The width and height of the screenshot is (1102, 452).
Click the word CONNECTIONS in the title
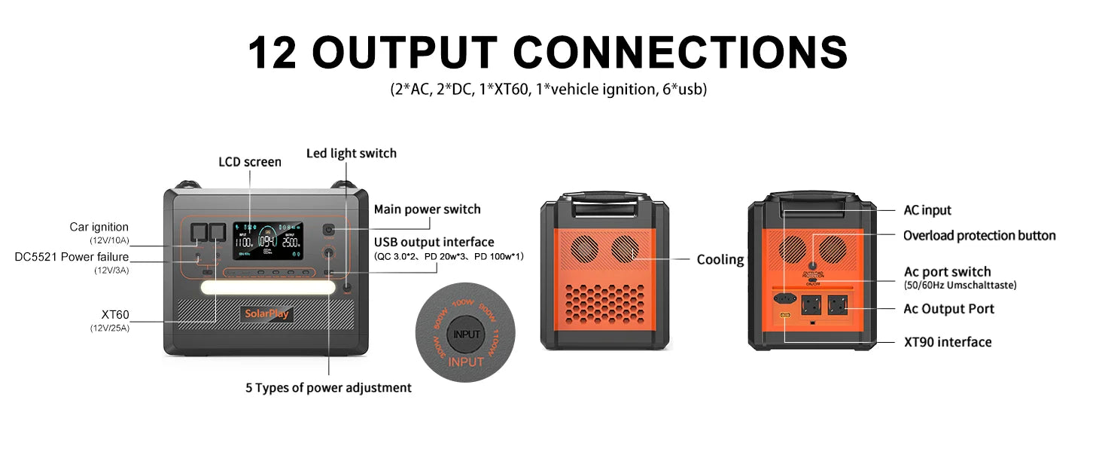pyautogui.click(x=693, y=53)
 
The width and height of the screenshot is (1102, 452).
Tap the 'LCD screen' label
pyautogui.click(x=250, y=162)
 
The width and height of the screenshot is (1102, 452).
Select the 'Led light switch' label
pyautogui.click(x=351, y=153)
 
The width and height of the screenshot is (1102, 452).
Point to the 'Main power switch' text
pyautogui.click(x=427, y=209)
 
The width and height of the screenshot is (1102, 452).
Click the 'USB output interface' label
pyautogui.click(x=434, y=242)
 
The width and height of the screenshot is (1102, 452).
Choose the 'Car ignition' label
pyautogui.click(x=99, y=227)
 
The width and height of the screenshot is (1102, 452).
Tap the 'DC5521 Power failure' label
pyautogui.click(x=72, y=257)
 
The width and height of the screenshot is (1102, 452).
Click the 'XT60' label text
pyautogui.click(x=115, y=313)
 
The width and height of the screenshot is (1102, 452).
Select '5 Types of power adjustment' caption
pyautogui.click(x=328, y=388)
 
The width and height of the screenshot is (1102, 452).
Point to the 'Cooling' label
pyautogui.click(x=720, y=260)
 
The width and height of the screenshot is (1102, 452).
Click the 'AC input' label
pyautogui.click(x=927, y=210)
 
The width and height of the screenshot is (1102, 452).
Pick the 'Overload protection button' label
pyautogui.click(x=979, y=236)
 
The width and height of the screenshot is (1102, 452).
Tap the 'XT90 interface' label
pyautogui.click(x=947, y=342)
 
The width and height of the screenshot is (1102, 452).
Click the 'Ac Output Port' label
pyautogui.click(x=948, y=309)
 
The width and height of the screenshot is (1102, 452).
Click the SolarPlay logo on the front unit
pyautogui.click(x=266, y=314)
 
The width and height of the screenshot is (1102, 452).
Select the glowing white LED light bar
pyautogui.click(x=268, y=289)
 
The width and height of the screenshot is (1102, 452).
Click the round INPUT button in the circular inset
pyautogui.click(x=467, y=334)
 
